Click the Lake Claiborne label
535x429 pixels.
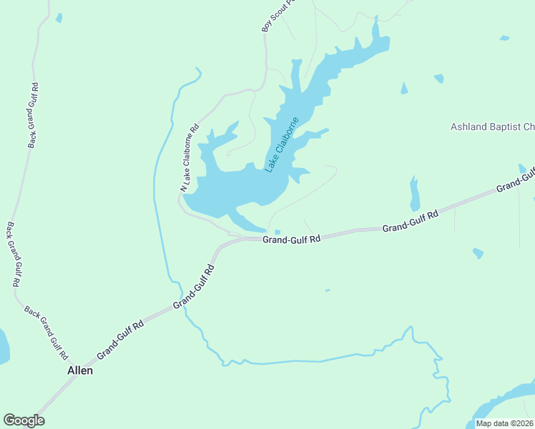[x=282, y=144]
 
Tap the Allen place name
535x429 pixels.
[x=80, y=371]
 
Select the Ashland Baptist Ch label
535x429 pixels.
[x=492, y=127]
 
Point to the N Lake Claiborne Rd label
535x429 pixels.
[x=190, y=159]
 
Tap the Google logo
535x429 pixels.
[x=24, y=420]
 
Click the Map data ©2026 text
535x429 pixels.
[x=504, y=423]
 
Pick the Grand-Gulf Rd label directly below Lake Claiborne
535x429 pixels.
[x=290, y=240]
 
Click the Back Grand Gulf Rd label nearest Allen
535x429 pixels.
[x=46, y=332]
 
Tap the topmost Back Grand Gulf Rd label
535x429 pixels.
[x=34, y=115]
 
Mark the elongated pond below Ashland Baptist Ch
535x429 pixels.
[x=414, y=194]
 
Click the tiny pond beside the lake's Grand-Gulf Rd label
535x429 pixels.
[x=277, y=232]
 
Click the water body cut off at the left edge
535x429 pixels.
[x=4, y=347]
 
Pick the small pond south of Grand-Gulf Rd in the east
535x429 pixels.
[x=478, y=253]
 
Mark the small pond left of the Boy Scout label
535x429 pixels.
[x=59, y=18]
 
